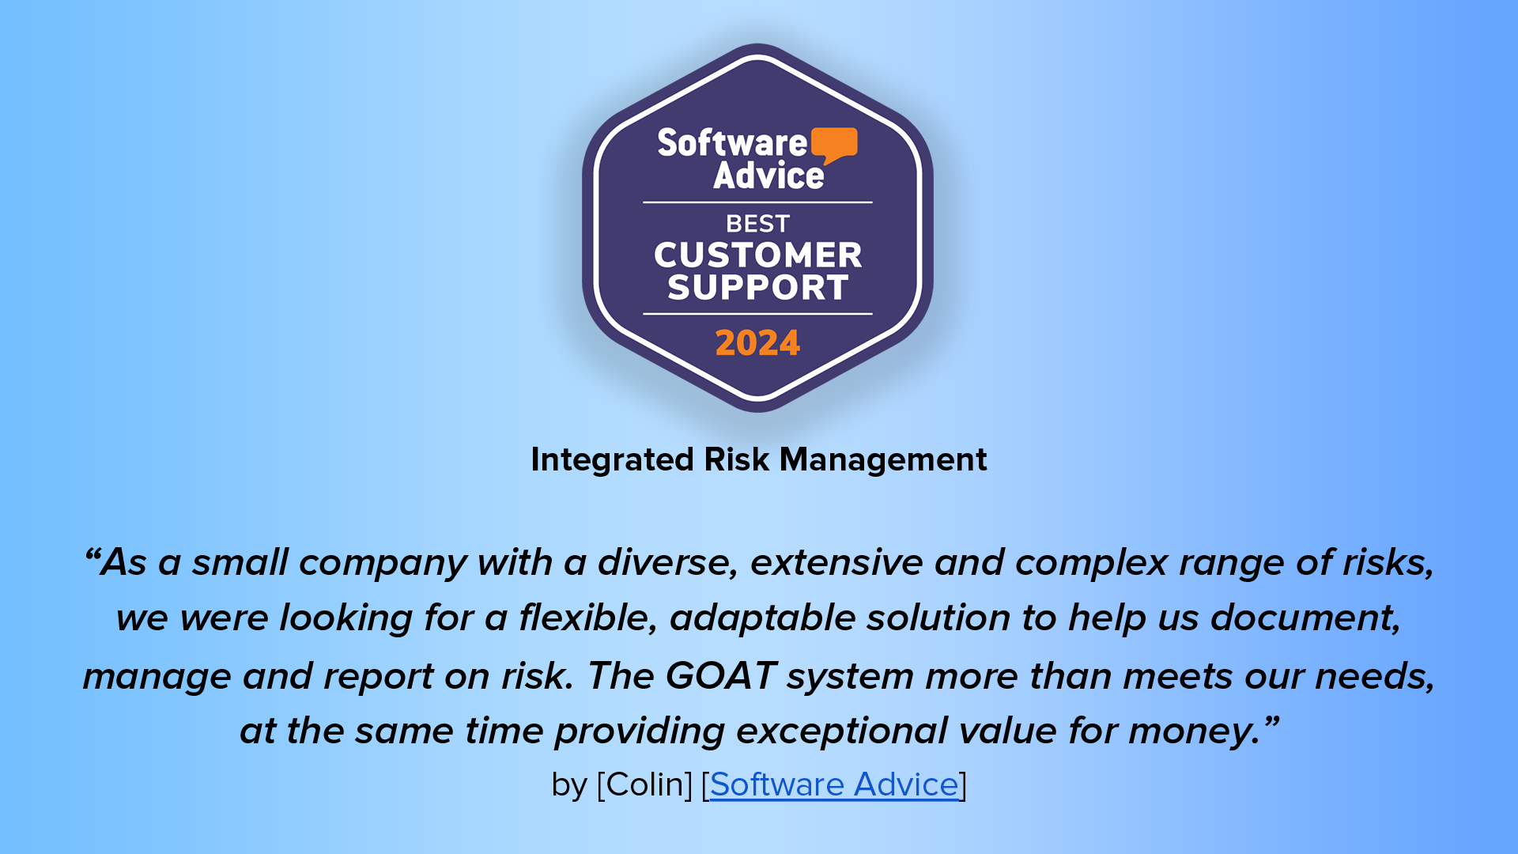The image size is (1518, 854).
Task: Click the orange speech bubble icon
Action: (834, 145)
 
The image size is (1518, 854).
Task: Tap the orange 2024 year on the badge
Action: (757, 343)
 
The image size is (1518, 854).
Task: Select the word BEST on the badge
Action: (757, 224)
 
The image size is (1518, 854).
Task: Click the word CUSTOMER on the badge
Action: (757, 255)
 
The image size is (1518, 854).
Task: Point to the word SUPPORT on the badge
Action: (757, 287)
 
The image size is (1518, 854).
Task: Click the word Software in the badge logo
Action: (732, 143)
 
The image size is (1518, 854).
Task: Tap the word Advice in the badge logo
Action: (768, 175)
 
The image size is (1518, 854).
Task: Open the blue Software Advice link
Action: (834, 784)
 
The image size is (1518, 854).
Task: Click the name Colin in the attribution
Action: (644, 784)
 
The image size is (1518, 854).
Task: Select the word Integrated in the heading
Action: (613, 460)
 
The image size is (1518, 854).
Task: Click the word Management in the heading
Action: (883, 459)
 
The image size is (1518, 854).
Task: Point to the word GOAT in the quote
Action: (721, 676)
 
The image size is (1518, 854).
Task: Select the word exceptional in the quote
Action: (842, 731)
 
